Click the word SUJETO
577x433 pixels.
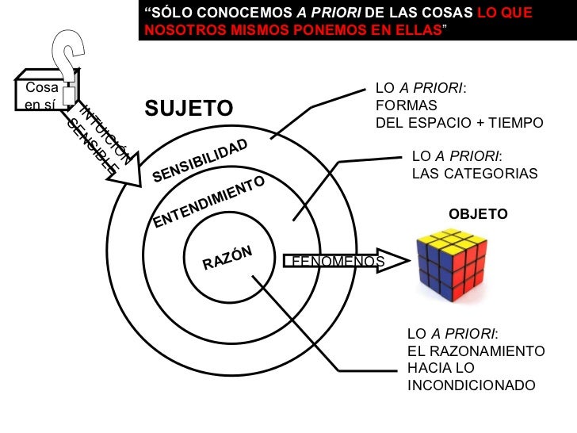tap(189, 107)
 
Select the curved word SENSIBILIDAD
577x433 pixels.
tap(200, 159)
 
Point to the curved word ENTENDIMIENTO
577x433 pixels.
tap(208, 202)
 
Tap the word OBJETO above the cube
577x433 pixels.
tap(478, 215)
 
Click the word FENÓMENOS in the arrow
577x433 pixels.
tap(338, 261)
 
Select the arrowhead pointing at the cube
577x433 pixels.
tap(394, 261)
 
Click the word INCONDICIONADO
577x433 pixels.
tap(471, 386)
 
